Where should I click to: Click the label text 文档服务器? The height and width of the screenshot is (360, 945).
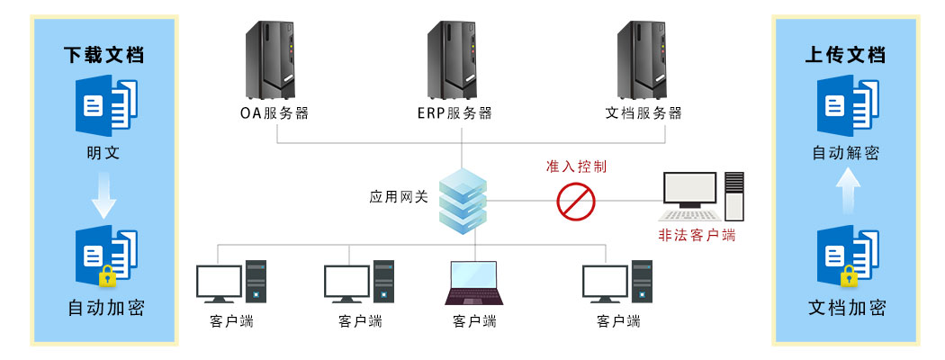(643, 113)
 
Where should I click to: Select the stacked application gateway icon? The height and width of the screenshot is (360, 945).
(462, 203)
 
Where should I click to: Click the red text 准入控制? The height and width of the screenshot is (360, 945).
(576, 167)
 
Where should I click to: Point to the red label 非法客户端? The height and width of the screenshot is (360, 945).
(697, 236)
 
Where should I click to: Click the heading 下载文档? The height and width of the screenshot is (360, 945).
(104, 54)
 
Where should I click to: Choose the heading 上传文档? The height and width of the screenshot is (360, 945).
(845, 54)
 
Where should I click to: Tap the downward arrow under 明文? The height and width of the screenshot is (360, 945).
(104, 199)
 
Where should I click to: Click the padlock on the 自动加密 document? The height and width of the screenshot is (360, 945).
(107, 275)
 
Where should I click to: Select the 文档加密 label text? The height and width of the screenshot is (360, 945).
(845, 308)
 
